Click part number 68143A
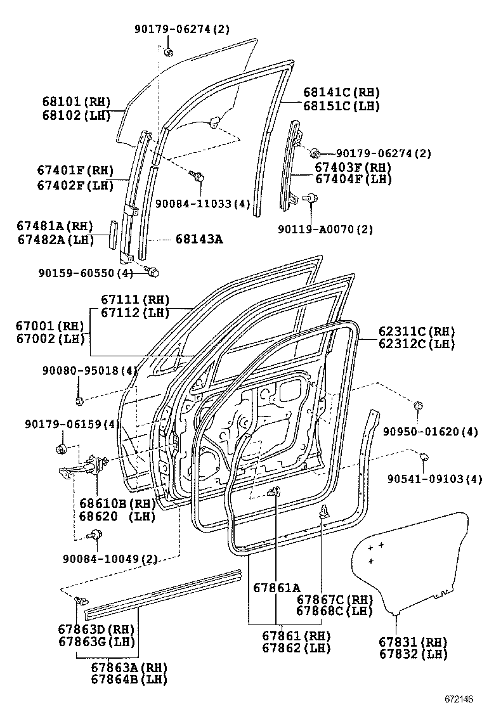[199, 239]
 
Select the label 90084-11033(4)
[202, 204]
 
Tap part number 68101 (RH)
[77, 102]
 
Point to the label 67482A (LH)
[56, 240]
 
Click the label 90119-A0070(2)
[325, 230]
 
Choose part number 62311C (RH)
[417, 332]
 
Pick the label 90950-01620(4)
[430, 432]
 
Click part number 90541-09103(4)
[435, 479]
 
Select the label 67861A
[277, 588]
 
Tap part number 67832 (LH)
[414, 654]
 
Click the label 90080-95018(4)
[90, 371]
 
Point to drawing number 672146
[459, 699]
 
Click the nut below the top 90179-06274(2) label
[169, 52]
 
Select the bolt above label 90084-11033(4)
[196, 176]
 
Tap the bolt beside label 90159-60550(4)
[152, 271]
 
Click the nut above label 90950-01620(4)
[418, 406]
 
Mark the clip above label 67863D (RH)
[81, 600]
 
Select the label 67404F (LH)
[353, 179]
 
